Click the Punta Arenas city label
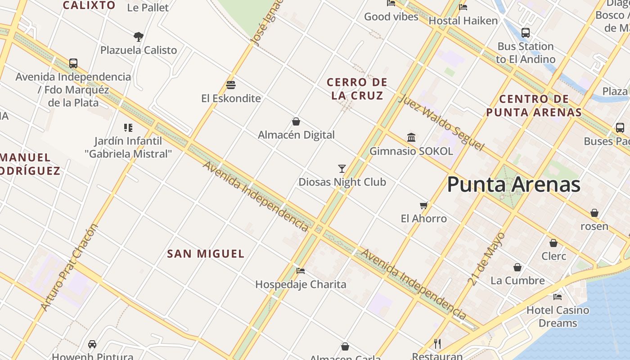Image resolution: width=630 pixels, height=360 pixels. (513, 184)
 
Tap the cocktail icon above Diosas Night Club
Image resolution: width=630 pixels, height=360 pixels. (342, 169)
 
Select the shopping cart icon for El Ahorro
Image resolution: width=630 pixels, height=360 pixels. (423, 206)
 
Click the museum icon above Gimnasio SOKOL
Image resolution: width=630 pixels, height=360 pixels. (411, 137)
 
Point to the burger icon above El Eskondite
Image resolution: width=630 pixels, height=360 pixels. (231, 85)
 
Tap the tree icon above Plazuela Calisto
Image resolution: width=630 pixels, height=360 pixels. (139, 36)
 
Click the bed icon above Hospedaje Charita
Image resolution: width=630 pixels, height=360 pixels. (301, 270)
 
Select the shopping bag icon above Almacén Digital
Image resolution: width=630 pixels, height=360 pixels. (296, 121)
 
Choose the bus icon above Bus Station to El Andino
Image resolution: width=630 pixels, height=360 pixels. (525, 33)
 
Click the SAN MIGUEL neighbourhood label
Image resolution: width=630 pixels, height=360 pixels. (206, 254)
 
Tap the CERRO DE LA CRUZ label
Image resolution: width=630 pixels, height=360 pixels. (357, 89)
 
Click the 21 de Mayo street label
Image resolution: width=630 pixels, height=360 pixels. (487, 259)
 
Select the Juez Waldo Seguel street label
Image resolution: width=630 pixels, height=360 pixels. (441, 122)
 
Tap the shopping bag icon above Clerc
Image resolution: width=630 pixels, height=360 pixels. (553, 243)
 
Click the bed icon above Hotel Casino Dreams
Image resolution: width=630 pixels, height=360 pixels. (558, 297)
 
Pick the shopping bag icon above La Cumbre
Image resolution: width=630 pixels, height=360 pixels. (517, 267)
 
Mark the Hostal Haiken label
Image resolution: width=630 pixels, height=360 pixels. (463, 21)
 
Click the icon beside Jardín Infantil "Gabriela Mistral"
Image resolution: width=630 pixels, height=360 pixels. (128, 128)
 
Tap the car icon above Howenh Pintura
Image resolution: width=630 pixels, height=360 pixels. (92, 344)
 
